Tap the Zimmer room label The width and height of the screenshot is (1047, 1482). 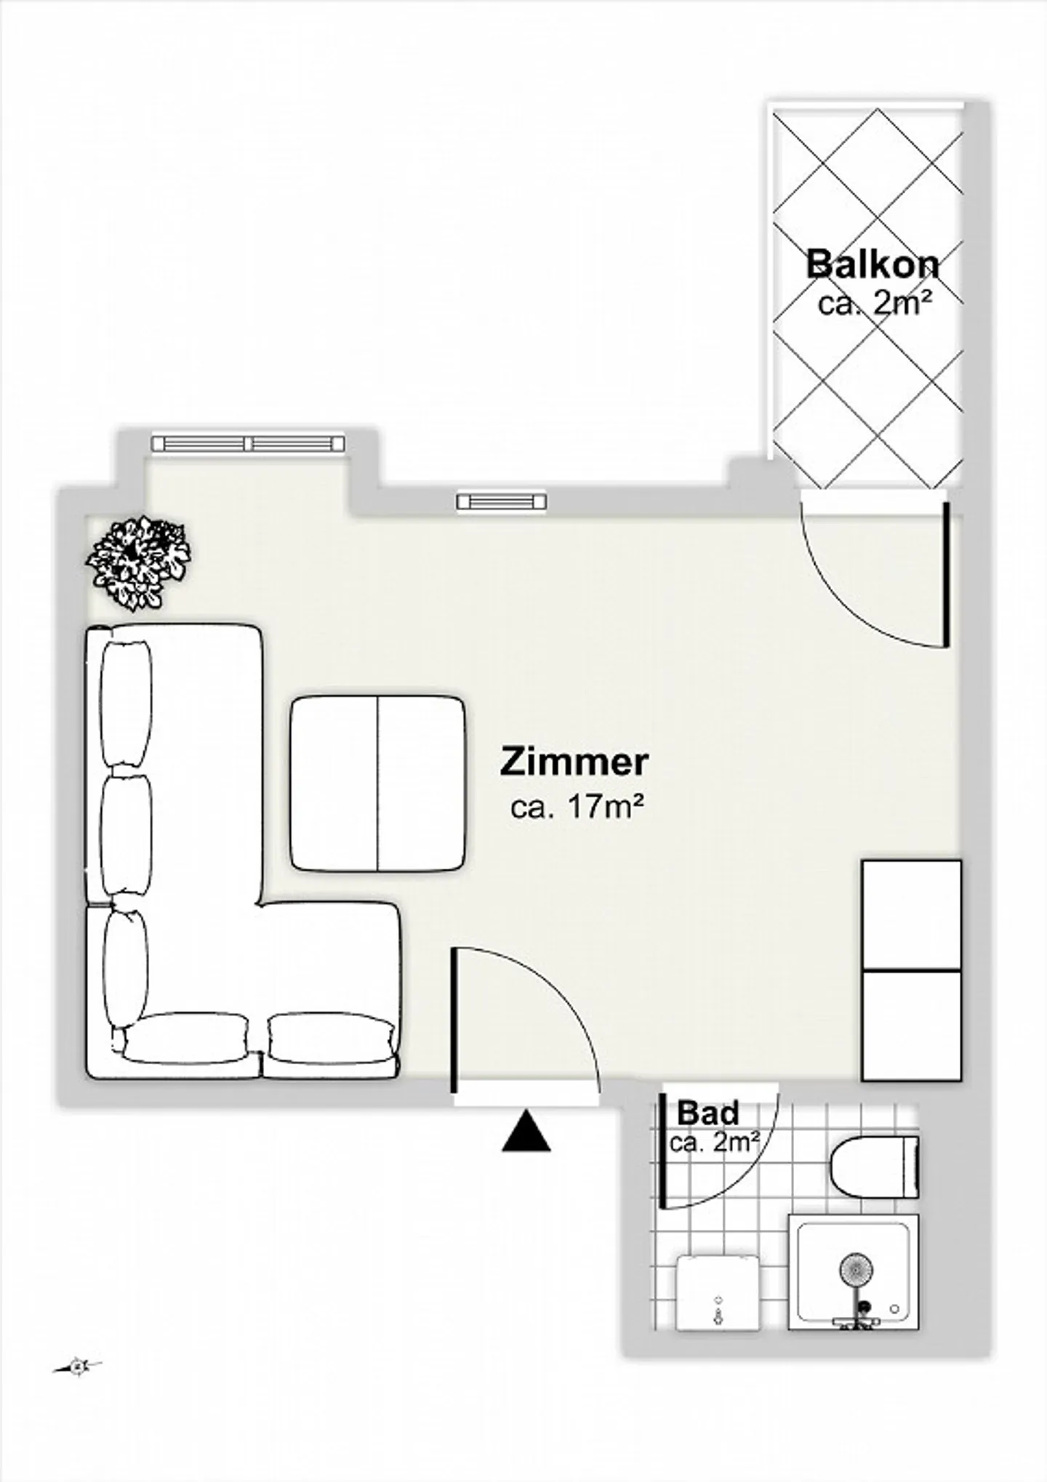(x=574, y=762)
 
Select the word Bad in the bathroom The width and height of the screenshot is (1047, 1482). (x=708, y=1113)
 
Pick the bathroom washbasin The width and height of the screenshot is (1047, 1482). (x=718, y=1293)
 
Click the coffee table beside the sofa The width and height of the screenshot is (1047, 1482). (x=378, y=784)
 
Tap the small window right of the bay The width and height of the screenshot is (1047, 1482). (x=502, y=502)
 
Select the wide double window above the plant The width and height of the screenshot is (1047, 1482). (x=248, y=443)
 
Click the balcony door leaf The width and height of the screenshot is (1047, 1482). (x=946, y=573)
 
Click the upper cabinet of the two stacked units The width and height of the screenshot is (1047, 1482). (x=912, y=915)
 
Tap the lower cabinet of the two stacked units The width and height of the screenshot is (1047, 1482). (x=912, y=1026)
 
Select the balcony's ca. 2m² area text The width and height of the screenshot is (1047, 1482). (x=875, y=303)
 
